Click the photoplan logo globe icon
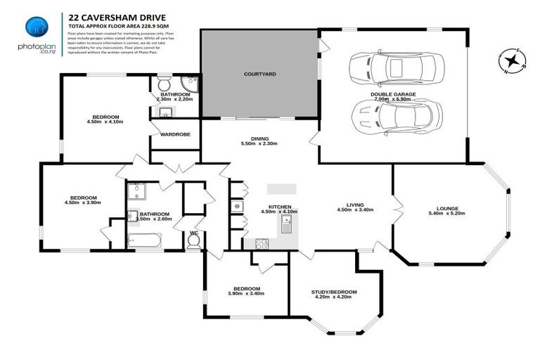click(37, 26)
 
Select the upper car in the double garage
click(397, 69)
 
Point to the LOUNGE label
click(447, 208)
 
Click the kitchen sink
click(287, 225)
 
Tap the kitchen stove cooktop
click(262, 244)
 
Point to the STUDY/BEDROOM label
click(334, 292)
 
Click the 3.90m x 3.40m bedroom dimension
click(246, 295)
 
